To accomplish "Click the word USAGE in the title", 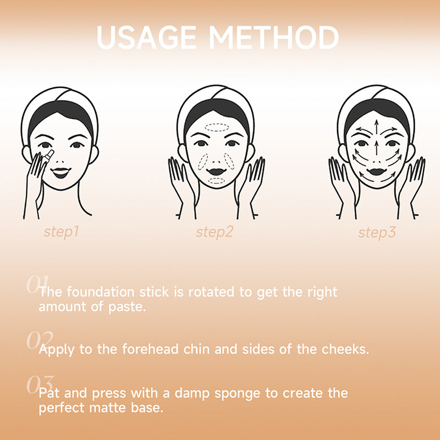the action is tap(146, 37).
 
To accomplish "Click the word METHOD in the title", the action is tap(274, 37).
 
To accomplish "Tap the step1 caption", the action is tap(62, 232).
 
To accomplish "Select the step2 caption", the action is tap(215, 232).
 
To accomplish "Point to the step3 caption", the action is tap(377, 233).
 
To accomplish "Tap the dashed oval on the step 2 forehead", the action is tap(217, 128).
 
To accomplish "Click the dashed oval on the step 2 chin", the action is tap(216, 181).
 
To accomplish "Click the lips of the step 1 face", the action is tap(61, 173).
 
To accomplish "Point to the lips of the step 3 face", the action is tap(377, 172).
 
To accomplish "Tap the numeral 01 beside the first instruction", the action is tap(37, 284).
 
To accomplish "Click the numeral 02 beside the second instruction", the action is tap(40, 340).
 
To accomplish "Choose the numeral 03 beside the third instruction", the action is tap(40, 384).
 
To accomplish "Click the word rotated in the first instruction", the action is tap(211, 292).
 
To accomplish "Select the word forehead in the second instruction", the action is tap(150, 349).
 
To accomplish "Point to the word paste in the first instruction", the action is tap(127, 307).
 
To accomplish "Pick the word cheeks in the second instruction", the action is tap(345, 349).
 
